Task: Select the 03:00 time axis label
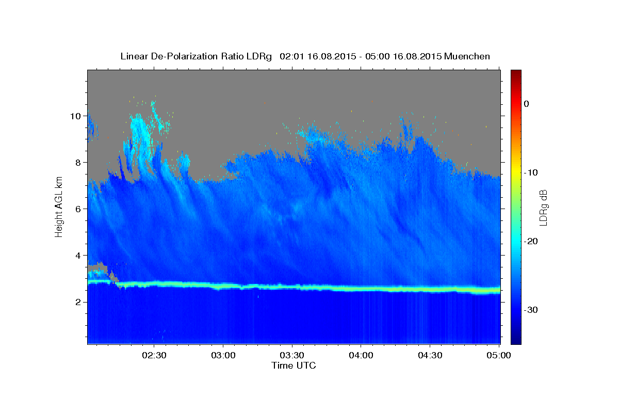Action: point(223,356)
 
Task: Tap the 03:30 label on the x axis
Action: point(292,356)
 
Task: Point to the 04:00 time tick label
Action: point(361,356)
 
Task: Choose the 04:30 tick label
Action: point(430,356)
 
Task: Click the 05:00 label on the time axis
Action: point(499,356)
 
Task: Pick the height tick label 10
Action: point(75,116)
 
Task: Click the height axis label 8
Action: point(78,162)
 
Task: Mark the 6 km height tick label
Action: point(78,209)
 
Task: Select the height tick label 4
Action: point(78,255)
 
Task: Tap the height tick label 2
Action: point(78,302)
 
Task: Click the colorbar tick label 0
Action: point(527,104)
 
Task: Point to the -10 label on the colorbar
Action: point(531,172)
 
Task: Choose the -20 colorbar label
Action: point(531,241)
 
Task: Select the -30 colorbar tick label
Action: point(531,310)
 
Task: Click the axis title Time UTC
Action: point(294,366)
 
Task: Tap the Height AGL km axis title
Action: point(59,206)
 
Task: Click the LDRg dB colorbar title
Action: point(543,206)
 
